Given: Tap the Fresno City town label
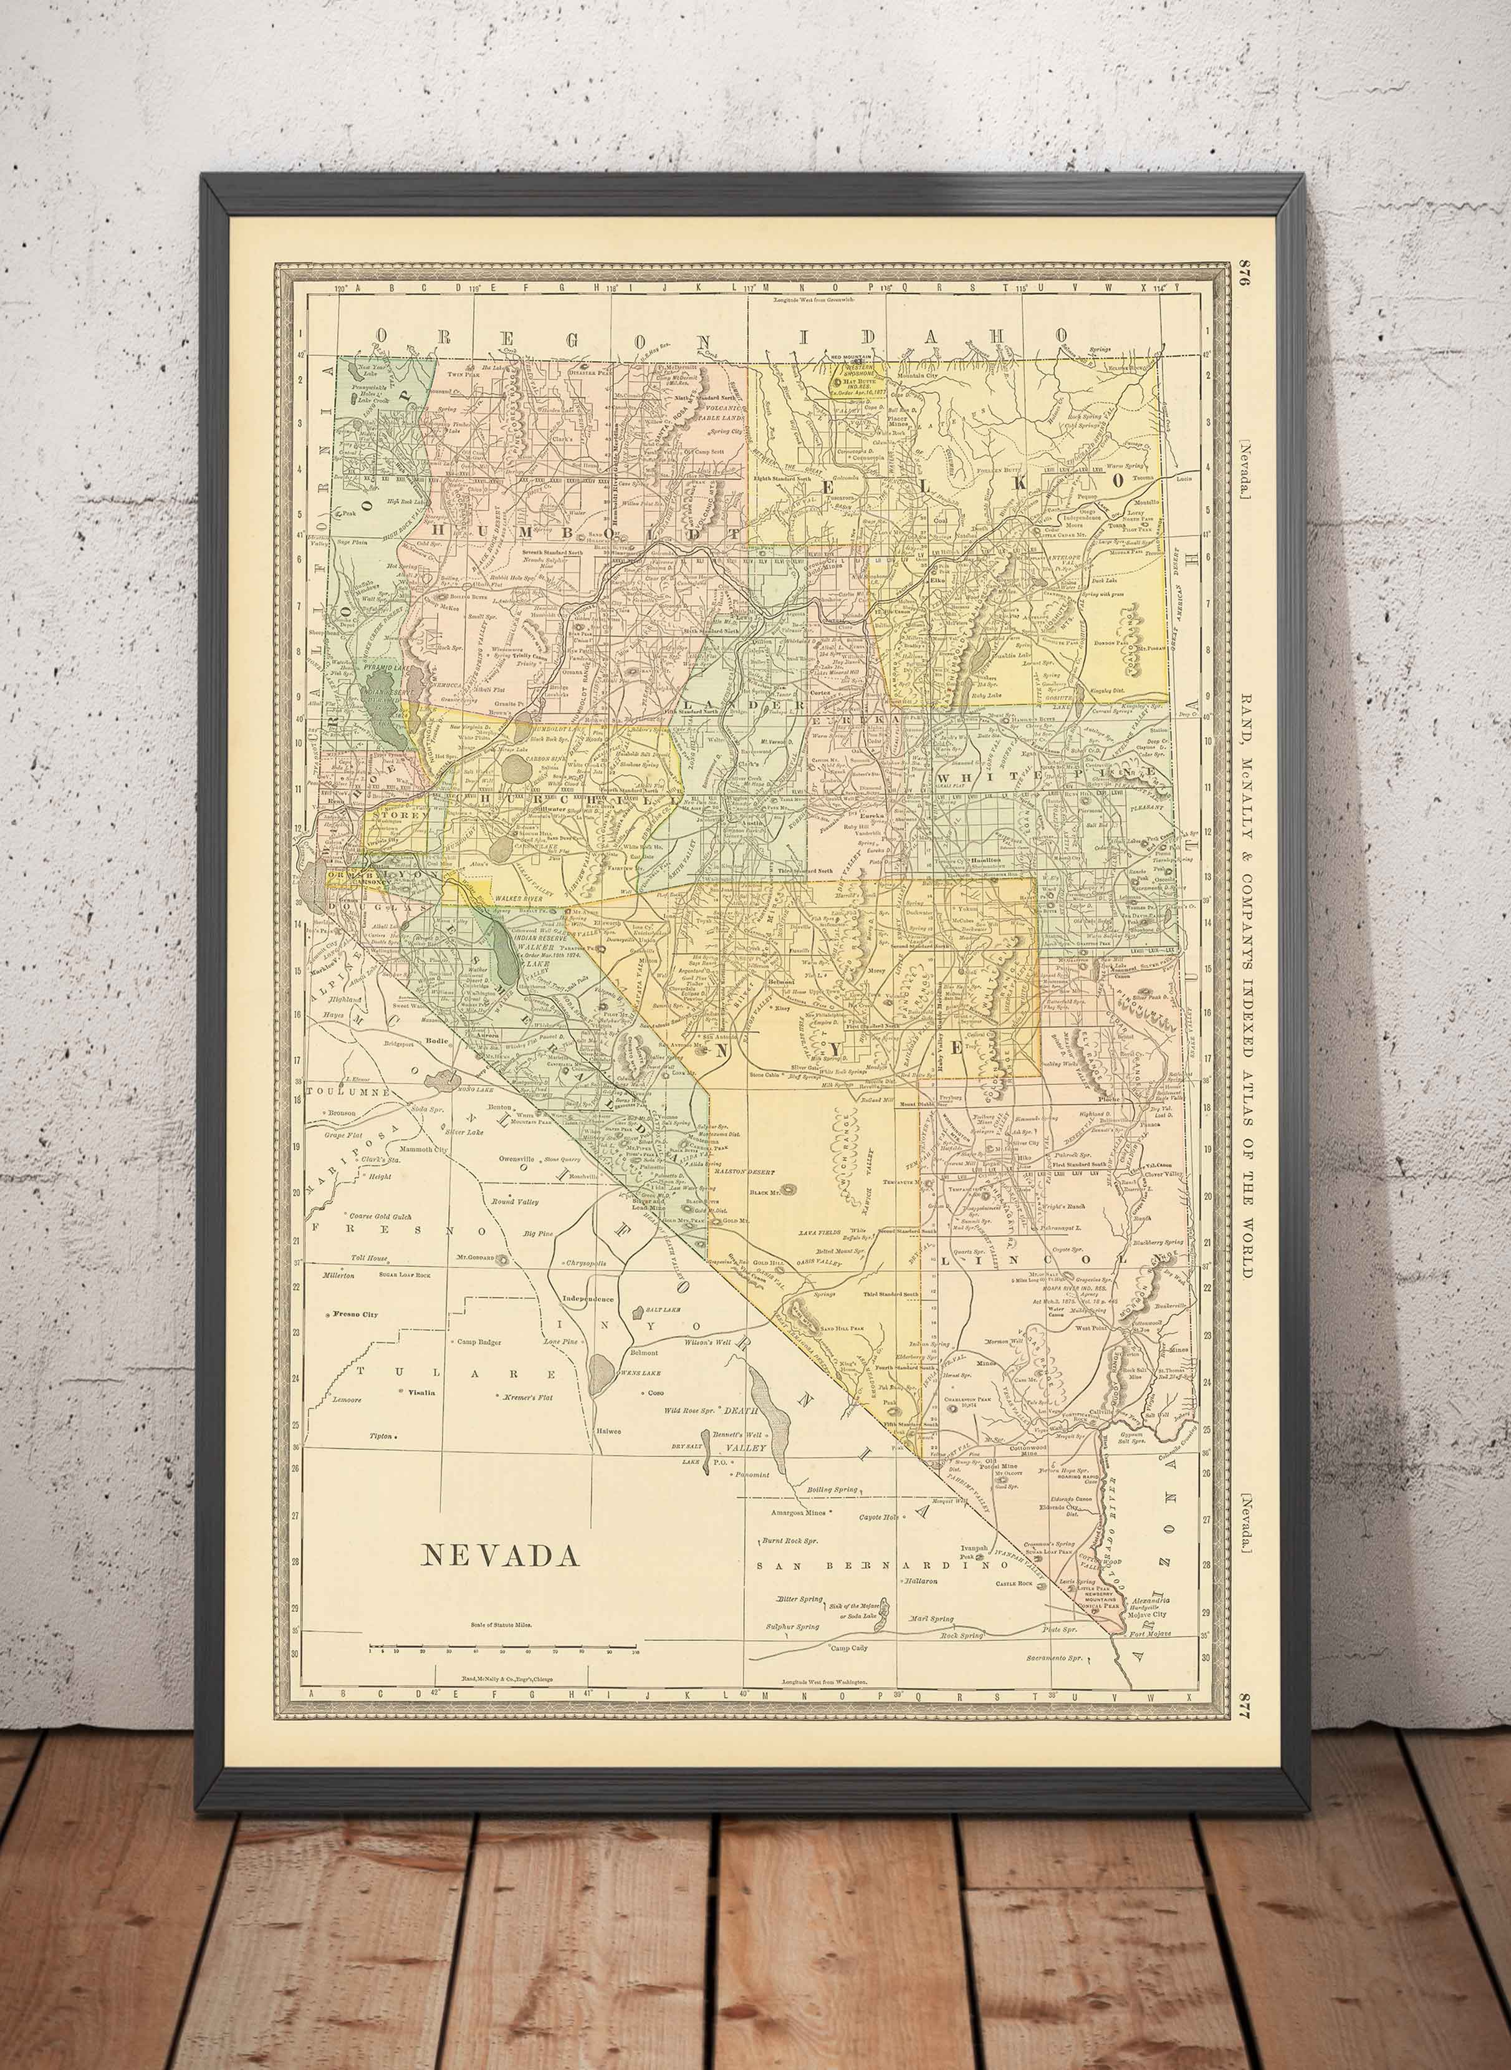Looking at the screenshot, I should pos(357,1314).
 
